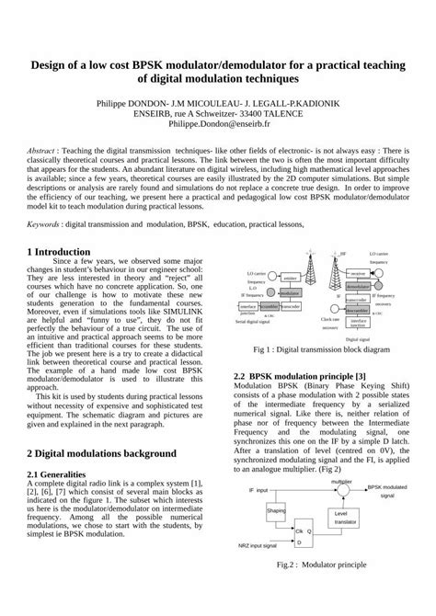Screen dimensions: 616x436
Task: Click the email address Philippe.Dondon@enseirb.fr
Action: pos(217,122)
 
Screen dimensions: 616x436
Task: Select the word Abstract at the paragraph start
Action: pos(42,148)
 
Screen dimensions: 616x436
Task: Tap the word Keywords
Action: pos(44,222)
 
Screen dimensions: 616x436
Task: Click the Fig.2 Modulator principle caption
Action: pos(308,588)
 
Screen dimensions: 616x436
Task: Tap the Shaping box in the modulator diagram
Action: pos(276,509)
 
